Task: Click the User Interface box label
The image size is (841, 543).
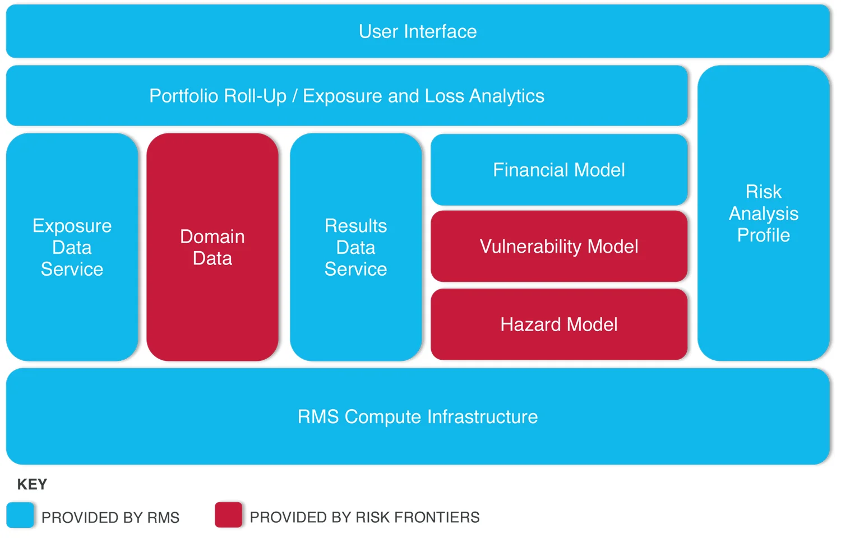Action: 418,32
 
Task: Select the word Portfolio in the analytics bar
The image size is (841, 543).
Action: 182,96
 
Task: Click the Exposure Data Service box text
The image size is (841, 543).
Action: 72,247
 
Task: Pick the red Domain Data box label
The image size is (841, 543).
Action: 212,247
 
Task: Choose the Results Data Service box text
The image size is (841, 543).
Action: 355,247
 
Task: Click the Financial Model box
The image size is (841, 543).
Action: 558,170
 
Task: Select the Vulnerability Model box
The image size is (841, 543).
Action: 558,247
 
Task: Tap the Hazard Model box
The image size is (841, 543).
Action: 558,324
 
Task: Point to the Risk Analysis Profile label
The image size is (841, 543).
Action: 763,214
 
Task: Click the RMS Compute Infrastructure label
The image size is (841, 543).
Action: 418,417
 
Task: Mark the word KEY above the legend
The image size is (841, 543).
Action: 32,484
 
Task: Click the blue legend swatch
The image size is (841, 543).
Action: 21,515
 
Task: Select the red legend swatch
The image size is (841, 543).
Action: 228,515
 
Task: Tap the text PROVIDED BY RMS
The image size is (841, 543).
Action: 110,517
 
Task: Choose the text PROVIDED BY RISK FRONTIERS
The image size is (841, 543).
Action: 364,517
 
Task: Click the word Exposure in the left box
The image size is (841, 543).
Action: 72,226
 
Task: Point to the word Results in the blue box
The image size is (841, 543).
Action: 355,226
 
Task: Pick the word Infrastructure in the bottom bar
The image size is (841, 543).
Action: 482,417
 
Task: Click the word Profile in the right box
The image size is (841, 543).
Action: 763,235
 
